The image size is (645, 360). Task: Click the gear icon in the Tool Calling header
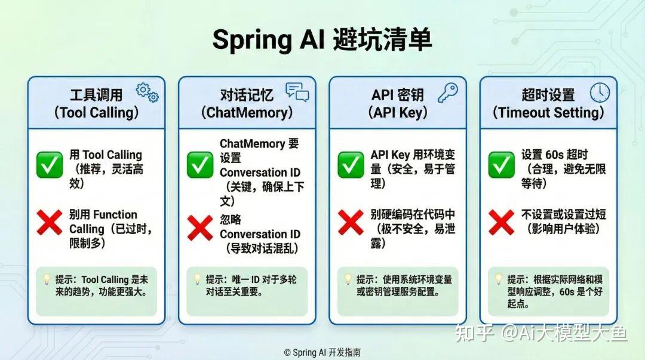[x=147, y=93]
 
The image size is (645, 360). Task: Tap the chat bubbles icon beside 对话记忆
[x=297, y=92]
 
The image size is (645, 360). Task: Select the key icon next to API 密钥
[x=447, y=92]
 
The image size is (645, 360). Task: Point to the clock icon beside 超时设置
[x=600, y=92]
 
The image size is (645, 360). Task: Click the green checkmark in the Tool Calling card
[x=50, y=165]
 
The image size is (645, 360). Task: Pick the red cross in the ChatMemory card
[x=200, y=227]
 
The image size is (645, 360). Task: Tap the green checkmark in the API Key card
[x=351, y=165]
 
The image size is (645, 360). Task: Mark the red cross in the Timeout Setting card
[x=501, y=222]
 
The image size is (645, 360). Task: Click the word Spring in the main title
[x=252, y=41]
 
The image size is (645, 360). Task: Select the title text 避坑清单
[x=382, y=39]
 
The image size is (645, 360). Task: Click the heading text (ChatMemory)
[x=247, y=112]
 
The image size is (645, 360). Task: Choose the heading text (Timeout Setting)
[x=548, y=112]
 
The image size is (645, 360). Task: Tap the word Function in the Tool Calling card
[x=115, y=214]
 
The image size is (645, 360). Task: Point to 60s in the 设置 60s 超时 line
[x=554, y=155]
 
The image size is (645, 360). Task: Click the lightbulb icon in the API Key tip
[x=348, y=279]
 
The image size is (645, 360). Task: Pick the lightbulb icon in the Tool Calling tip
[x=47, y=279]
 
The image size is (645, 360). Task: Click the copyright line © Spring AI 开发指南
[x=322, y=352]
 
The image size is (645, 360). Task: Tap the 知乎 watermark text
[x=474, y=333]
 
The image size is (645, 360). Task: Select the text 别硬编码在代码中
[x=413, y=214]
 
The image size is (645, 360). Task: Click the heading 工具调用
[x=96, y=95]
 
